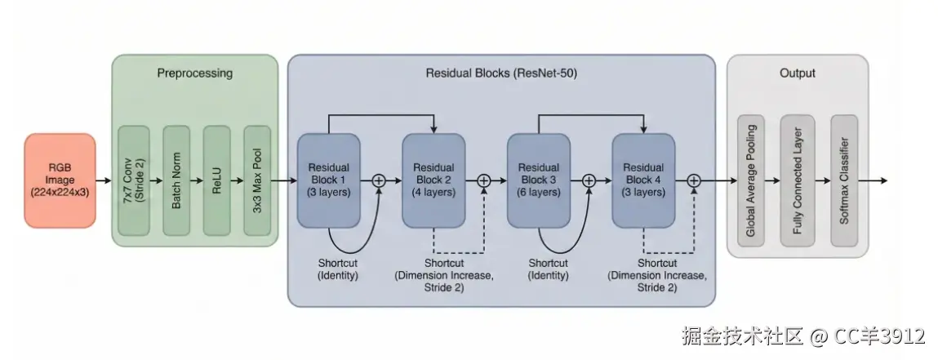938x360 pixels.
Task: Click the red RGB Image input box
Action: (x=60, y=180)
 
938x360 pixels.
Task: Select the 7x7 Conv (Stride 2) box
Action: (x=133, y=180)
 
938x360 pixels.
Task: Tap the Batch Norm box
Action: (x=176, y=180)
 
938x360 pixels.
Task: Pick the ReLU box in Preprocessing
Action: (x=216, y=180)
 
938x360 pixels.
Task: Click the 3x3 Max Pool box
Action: (x=257, y=180)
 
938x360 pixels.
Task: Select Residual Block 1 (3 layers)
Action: (x=328, y=180)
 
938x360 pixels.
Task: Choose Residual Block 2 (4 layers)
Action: (x=433, y=180)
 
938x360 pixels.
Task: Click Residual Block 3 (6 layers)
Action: (x=539, y=180)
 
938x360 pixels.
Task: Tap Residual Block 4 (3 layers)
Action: (x=643, y=180)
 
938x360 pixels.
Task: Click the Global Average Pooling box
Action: (x=751, y=180)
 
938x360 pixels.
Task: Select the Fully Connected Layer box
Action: (x=798, y=180)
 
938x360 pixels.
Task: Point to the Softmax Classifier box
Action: (x=844, y=180)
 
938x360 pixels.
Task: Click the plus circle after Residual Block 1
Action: (x=379, y=180)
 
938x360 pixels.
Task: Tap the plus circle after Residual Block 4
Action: (x=694, y=180)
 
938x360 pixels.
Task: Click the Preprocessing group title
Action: (x=195, y=73)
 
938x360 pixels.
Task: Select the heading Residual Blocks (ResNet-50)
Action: (x=501, y=73)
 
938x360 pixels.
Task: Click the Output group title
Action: (x=798, y=73)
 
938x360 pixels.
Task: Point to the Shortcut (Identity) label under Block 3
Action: (x=549, y=269)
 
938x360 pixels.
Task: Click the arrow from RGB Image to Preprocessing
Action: (x=104, y=180)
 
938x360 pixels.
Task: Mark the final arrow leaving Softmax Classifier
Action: (x=872, y=180)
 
